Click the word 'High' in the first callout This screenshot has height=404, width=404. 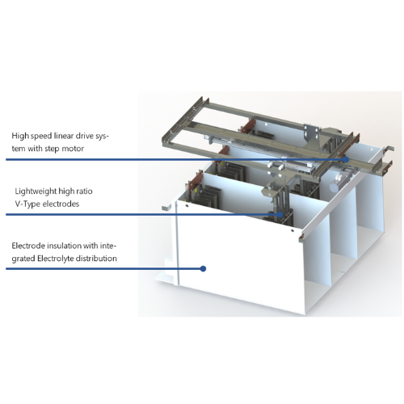pos(20,136)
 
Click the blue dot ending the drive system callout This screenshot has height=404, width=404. pos(346,160)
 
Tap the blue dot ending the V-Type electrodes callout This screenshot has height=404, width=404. pos(280,214)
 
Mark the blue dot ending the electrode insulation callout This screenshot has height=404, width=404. pos(204,268)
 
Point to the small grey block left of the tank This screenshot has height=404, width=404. pos(166,207)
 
